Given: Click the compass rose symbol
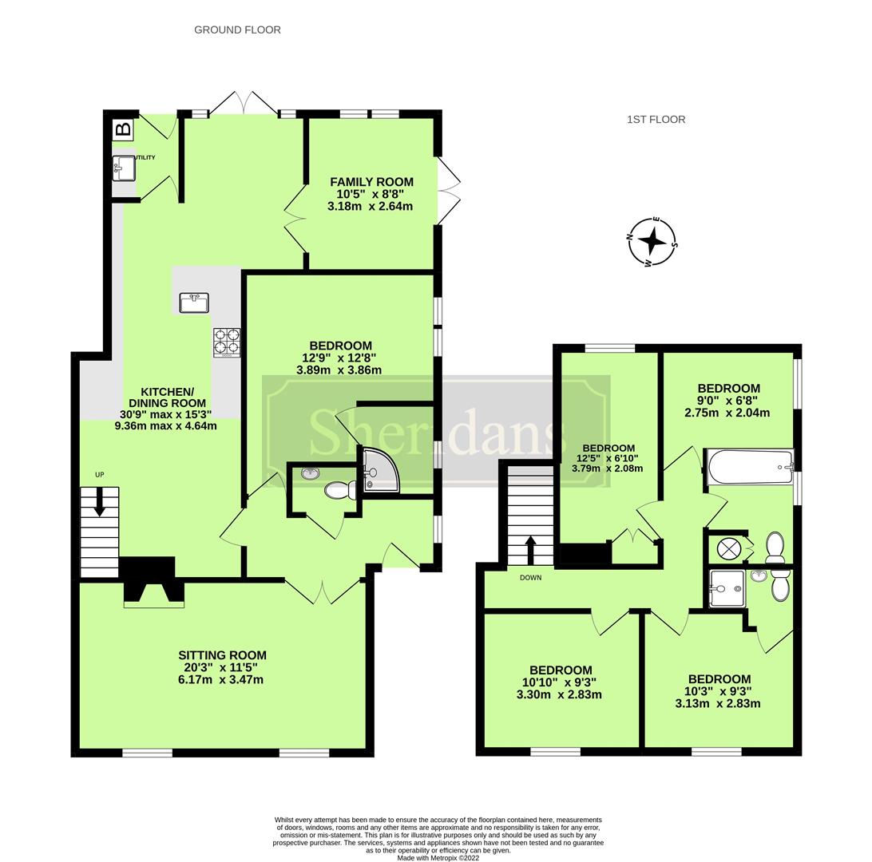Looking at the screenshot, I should coord(652,240).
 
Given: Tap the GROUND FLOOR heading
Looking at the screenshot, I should coord(237,30).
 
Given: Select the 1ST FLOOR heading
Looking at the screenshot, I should coord(656,120).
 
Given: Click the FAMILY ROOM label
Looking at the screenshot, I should coord(371,182).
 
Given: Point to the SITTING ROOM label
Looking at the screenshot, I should coord(222,655).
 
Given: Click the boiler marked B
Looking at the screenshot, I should coord(123,129).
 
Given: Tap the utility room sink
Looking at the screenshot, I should coord(123,167).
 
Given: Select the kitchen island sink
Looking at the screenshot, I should coord(193,302).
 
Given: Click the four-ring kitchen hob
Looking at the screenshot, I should coord(226,342).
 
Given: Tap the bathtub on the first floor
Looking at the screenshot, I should coord(749,467).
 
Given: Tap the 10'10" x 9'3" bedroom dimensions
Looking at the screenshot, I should coord(559,682).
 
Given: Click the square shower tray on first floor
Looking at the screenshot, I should coord(725,589).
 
